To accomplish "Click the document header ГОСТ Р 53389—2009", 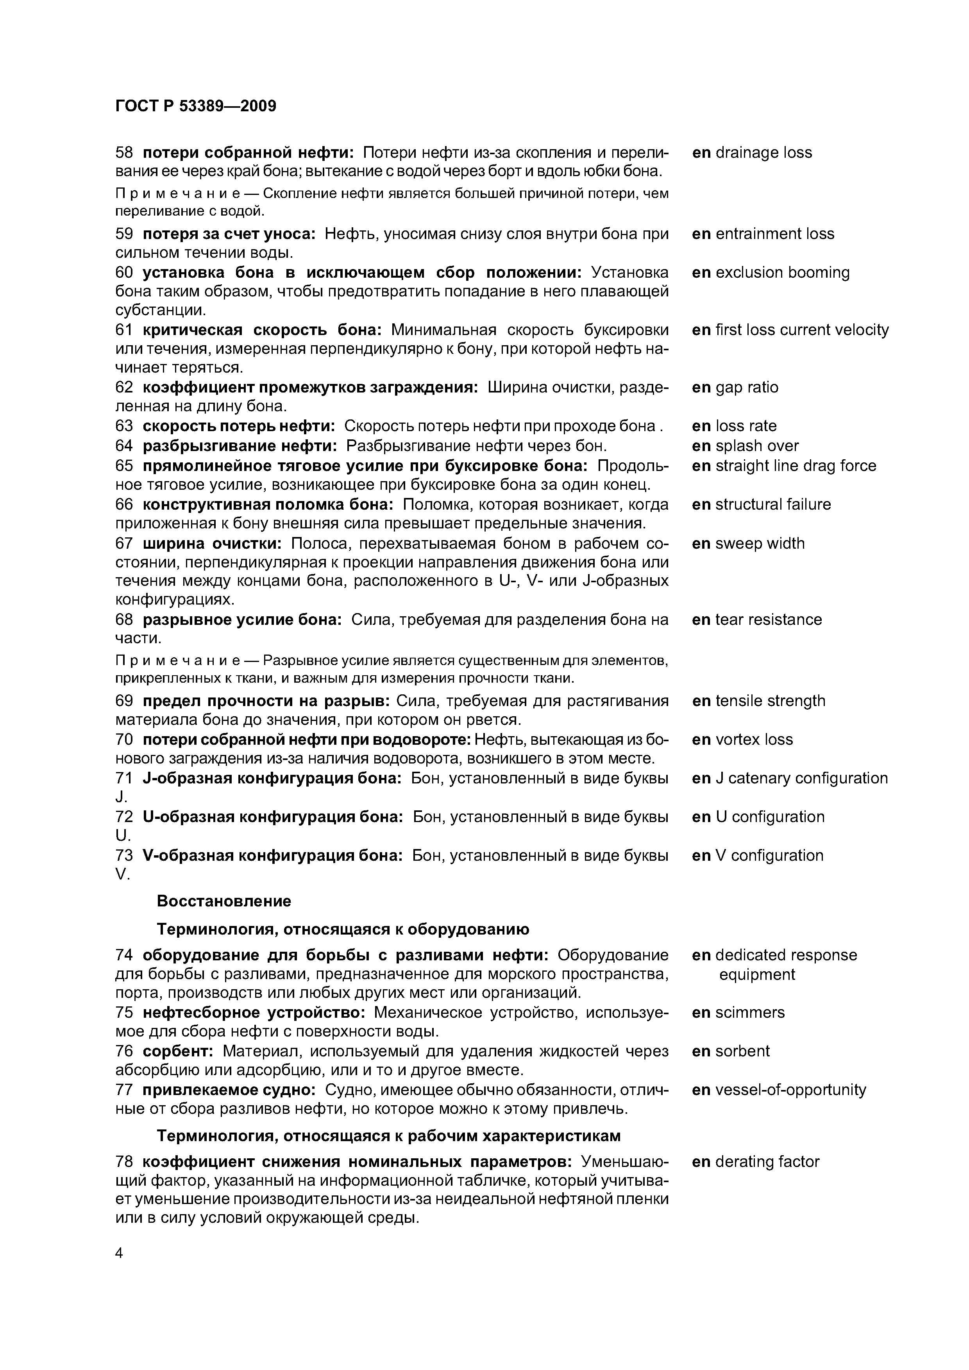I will [x=195, y=107].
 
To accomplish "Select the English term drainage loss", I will [x=763, y=153].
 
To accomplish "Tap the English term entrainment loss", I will [x=774, y=234].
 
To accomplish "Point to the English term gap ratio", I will [x=746, y=388].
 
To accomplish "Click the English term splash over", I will [x=756, y=446].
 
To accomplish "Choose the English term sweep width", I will [x=760, y=544].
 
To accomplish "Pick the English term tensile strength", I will [x=770, y=701].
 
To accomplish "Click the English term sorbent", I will [x=742, y=1051].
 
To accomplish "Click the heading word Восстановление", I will [x=223, y=901].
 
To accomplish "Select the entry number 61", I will [x=123, y=330].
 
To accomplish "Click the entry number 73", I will [x=123, y=856].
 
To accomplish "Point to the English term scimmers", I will [x=749, y=1013].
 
